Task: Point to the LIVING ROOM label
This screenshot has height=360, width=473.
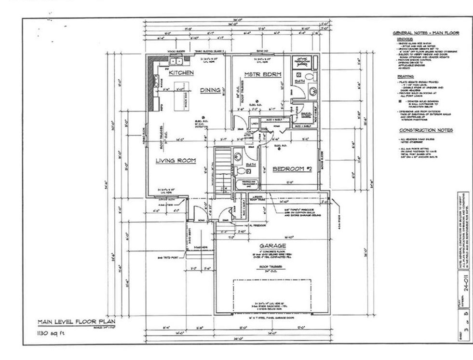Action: [x=176, y=161]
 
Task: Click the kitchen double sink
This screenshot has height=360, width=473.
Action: [x=176, y=61]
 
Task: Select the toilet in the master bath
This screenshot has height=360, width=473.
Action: [x=309, y=76]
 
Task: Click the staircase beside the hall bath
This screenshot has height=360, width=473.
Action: [x=223, y=169]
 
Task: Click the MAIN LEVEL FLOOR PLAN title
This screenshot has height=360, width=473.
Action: [x=77, y=322]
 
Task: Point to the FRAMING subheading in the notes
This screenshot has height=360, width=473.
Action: [x=405, y=76]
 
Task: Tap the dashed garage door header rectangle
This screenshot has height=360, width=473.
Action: [x=273, y=294]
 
